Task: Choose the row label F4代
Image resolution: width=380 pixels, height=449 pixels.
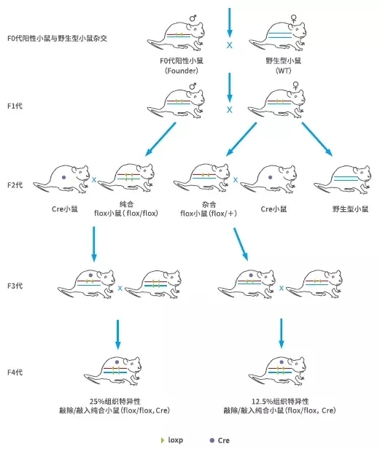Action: (x=15, y=372)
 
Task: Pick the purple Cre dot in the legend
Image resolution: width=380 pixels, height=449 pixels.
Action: (x=212, y=440)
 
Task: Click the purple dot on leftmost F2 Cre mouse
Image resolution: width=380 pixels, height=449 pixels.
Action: (x=64, y=177)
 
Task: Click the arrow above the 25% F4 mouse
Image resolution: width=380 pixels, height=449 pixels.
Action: (x=118, y=335)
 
